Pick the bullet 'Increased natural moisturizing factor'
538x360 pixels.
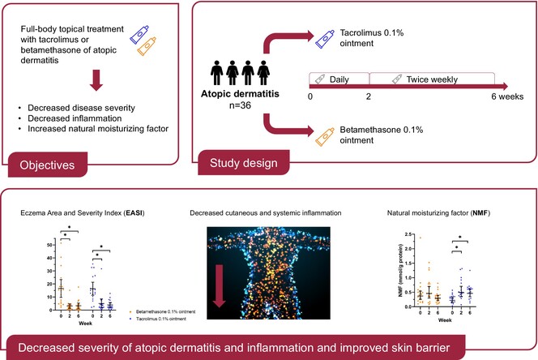(97, 130)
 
